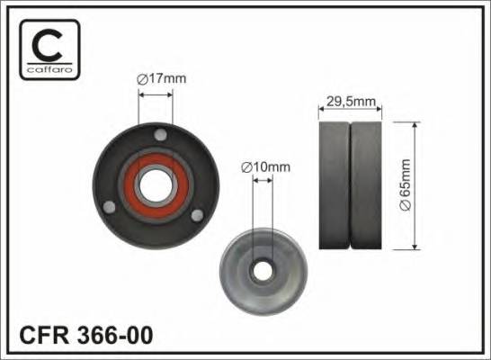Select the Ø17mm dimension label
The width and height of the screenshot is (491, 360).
click(x=161, y=79)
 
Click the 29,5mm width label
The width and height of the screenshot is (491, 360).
click(x=351, y=100)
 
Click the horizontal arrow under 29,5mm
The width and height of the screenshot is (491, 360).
click(x=351, y=112)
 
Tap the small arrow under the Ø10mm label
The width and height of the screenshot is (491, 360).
click(x=263, y=180)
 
